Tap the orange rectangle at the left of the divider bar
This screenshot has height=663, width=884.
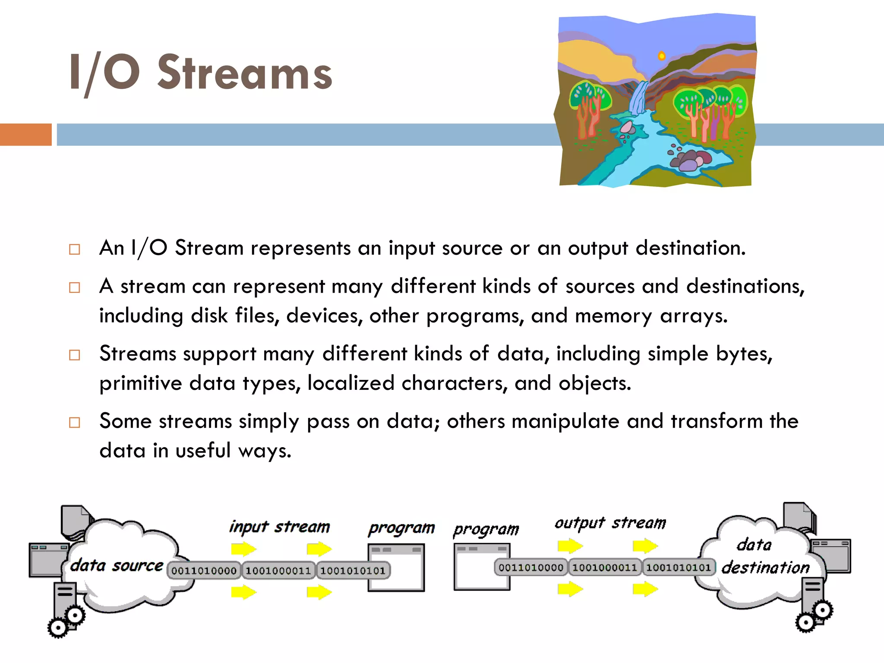[x=25, y=135]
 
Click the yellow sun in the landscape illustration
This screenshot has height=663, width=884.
[x=661, y=56]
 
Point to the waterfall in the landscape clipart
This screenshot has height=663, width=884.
[x=638, y=98]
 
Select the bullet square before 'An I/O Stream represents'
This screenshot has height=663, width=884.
[x=75, y=249]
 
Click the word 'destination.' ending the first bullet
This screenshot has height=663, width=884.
[x=691, y=248]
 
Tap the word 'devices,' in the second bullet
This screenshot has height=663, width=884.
[x=324, y=316]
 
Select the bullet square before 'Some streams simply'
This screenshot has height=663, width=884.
[x=75, y=422]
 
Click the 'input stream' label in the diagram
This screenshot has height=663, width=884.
[x=279, y=527]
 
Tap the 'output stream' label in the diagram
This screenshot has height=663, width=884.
[x=610, y=523]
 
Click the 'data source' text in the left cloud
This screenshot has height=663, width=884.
[x=117, y=565]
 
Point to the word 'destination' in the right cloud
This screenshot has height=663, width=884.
[x=765, y=567]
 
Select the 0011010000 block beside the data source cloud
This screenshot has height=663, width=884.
[x=204, y=571]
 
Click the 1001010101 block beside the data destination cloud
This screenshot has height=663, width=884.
[x=678, y=567]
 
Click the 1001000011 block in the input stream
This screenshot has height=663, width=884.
[x=278, y=571]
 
